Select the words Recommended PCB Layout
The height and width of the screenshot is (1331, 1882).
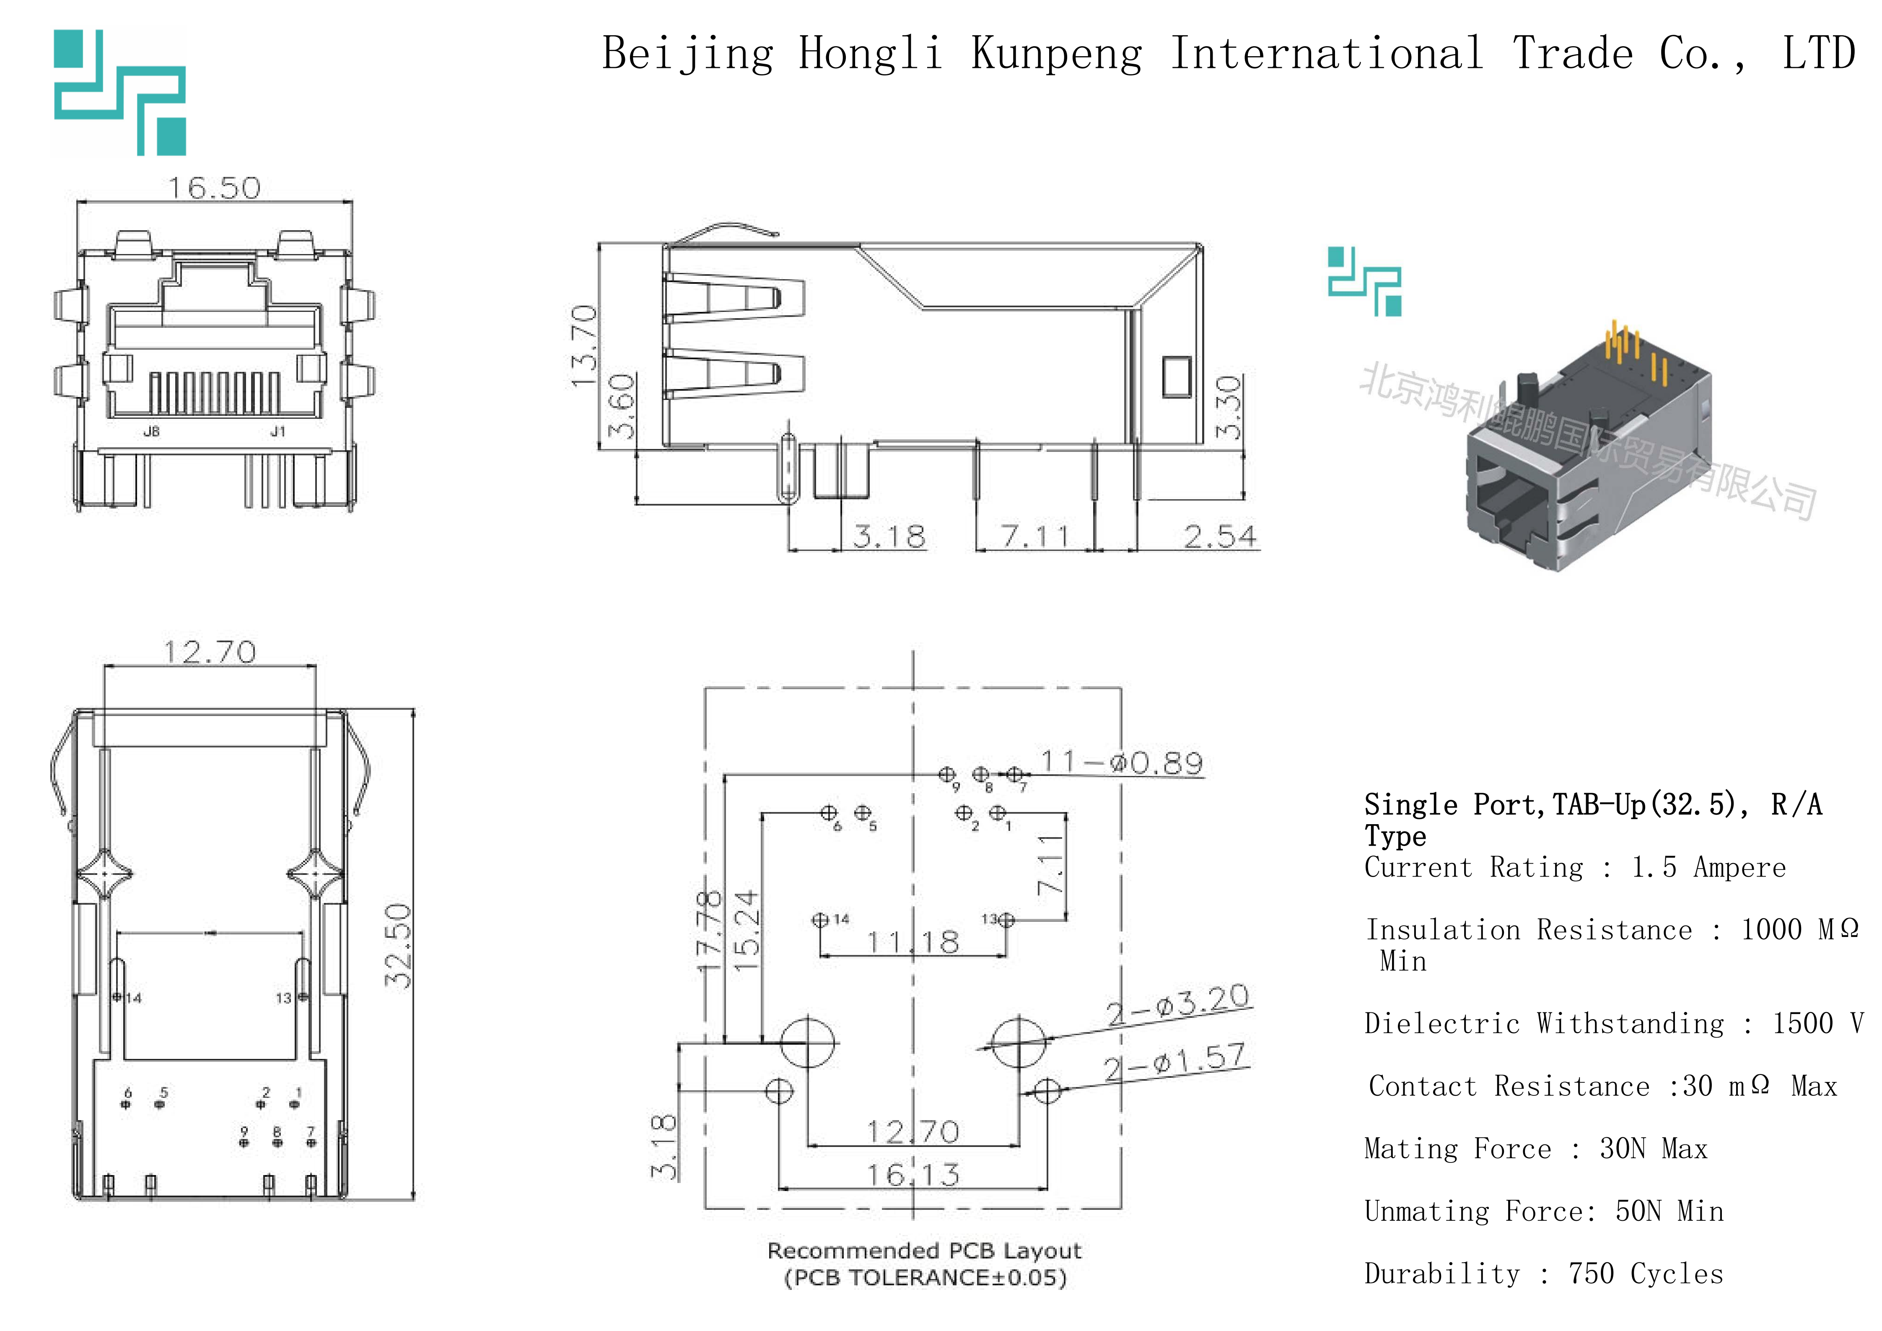[x=924, y=1251]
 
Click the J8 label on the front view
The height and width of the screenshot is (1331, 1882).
[x=152, y=431]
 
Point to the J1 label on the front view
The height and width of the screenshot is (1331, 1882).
[x=278, y=431]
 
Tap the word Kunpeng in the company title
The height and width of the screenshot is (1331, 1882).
[x=1057, y=54]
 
